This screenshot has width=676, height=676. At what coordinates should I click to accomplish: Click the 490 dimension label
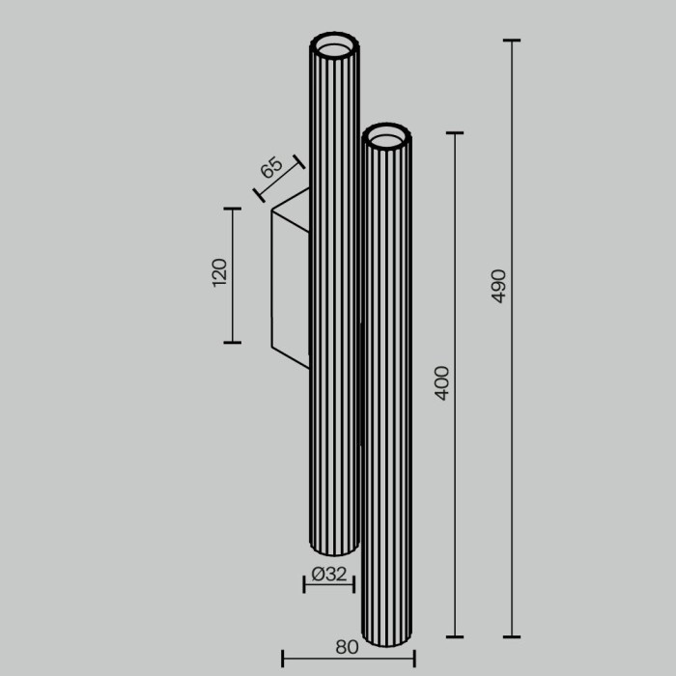tap(498, 286)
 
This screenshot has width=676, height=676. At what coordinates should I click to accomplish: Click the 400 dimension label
tap(442, 383)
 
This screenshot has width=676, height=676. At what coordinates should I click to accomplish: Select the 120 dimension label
tap(219, 273)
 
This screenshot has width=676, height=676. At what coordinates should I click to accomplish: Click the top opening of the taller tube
tap(334, 45)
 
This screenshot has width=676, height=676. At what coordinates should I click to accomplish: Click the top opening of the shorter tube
tap(387, 138)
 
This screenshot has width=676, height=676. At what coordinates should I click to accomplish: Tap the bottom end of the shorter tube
tap(387, 641)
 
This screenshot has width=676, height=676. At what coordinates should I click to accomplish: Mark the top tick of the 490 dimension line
tap(512, 41)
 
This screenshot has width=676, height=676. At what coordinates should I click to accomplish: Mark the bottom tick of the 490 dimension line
tap(512, 636)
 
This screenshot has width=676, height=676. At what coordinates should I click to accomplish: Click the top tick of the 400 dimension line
tap(454, 133)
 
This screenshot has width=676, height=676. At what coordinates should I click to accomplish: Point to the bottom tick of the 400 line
tap(454, 636)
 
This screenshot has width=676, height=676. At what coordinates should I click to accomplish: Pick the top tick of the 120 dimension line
tap(232, 209)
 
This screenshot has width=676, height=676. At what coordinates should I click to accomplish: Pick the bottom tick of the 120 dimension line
tap(232, 342)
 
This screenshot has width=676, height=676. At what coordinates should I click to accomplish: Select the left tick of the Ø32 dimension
tap(305, 583)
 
